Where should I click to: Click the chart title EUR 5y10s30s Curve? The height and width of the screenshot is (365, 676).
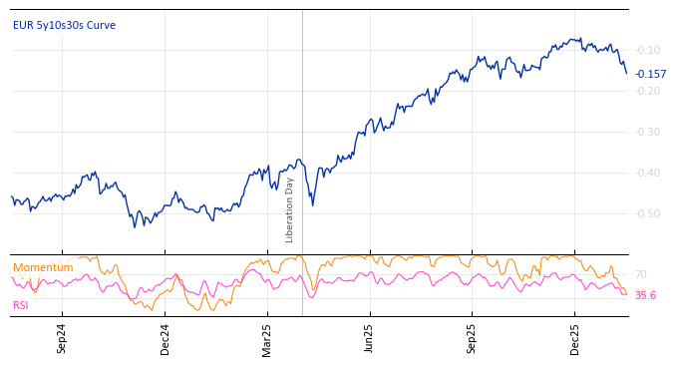64,25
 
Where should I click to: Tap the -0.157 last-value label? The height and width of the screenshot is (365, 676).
650,74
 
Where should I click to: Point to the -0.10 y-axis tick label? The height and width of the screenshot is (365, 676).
647,50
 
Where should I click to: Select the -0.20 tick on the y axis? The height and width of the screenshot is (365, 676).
647,91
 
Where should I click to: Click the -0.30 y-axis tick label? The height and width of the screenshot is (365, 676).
647,132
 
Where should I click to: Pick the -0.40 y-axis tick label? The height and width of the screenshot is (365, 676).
647,173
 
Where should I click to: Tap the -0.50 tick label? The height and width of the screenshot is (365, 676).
647,213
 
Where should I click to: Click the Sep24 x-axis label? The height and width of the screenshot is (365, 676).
62,338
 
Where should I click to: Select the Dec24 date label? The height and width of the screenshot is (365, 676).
165,338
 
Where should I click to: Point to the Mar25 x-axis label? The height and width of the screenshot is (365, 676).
267,338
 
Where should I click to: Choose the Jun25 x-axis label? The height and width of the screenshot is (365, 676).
369,338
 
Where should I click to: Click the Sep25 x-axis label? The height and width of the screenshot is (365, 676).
472,338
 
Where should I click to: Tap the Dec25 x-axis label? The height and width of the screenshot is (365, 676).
574,338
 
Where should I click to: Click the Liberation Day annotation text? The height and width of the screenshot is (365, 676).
290,209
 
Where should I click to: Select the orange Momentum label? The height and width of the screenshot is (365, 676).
43,267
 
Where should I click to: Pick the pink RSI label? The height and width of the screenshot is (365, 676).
20,305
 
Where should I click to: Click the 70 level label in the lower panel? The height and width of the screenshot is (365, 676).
640,274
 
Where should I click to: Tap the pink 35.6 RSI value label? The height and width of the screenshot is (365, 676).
645,295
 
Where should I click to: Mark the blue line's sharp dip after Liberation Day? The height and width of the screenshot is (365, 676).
312,204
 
